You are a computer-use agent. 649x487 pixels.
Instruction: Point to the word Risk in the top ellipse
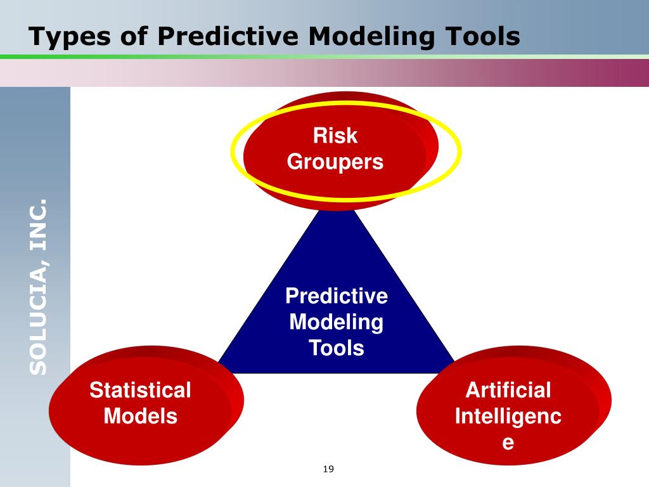tap(335, 136)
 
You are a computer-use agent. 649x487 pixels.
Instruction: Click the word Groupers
tap(335, 162)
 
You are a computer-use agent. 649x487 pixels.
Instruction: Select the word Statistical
tap(140, 390)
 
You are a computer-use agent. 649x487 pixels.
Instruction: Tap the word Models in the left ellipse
tap(140, 417)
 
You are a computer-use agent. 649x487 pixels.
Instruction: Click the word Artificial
tap(508, 390)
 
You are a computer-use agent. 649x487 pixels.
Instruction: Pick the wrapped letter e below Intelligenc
tap(508, 443)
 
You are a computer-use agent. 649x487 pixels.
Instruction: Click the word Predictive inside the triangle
tap(337, 296)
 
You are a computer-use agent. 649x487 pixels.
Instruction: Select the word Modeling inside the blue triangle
tap(337, 322)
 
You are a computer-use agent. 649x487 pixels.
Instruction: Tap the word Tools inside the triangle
tap(337, 347)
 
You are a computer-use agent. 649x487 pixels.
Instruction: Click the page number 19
tap(328, 469)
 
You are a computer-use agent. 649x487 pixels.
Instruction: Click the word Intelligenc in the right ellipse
tap(508, 417)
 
